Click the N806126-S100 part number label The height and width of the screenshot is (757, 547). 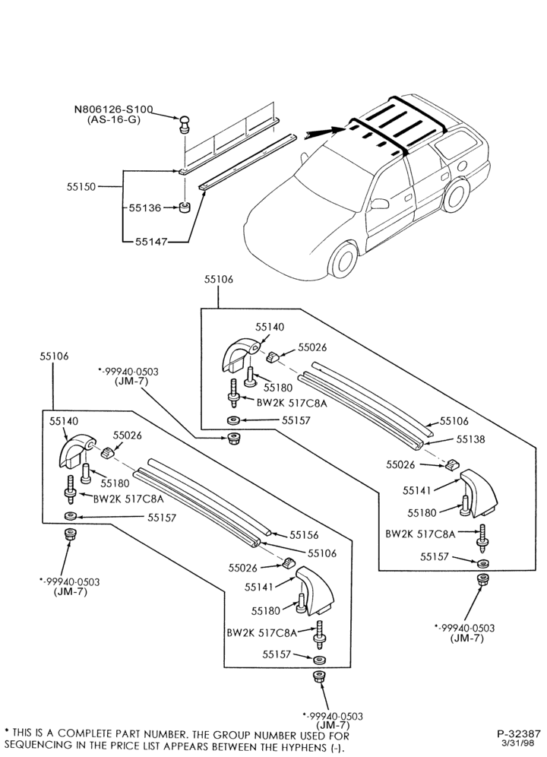113,109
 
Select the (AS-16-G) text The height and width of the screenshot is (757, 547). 113,119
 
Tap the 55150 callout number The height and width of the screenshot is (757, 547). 81,186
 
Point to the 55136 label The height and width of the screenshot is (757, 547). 145,207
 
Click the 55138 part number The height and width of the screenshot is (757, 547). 471,439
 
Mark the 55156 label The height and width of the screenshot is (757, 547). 304,535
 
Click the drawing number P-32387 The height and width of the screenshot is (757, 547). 519,733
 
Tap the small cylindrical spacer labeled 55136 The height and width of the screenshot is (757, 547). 184,207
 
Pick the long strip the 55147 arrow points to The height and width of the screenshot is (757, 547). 246,161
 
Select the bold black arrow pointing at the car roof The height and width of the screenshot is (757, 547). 325,133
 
